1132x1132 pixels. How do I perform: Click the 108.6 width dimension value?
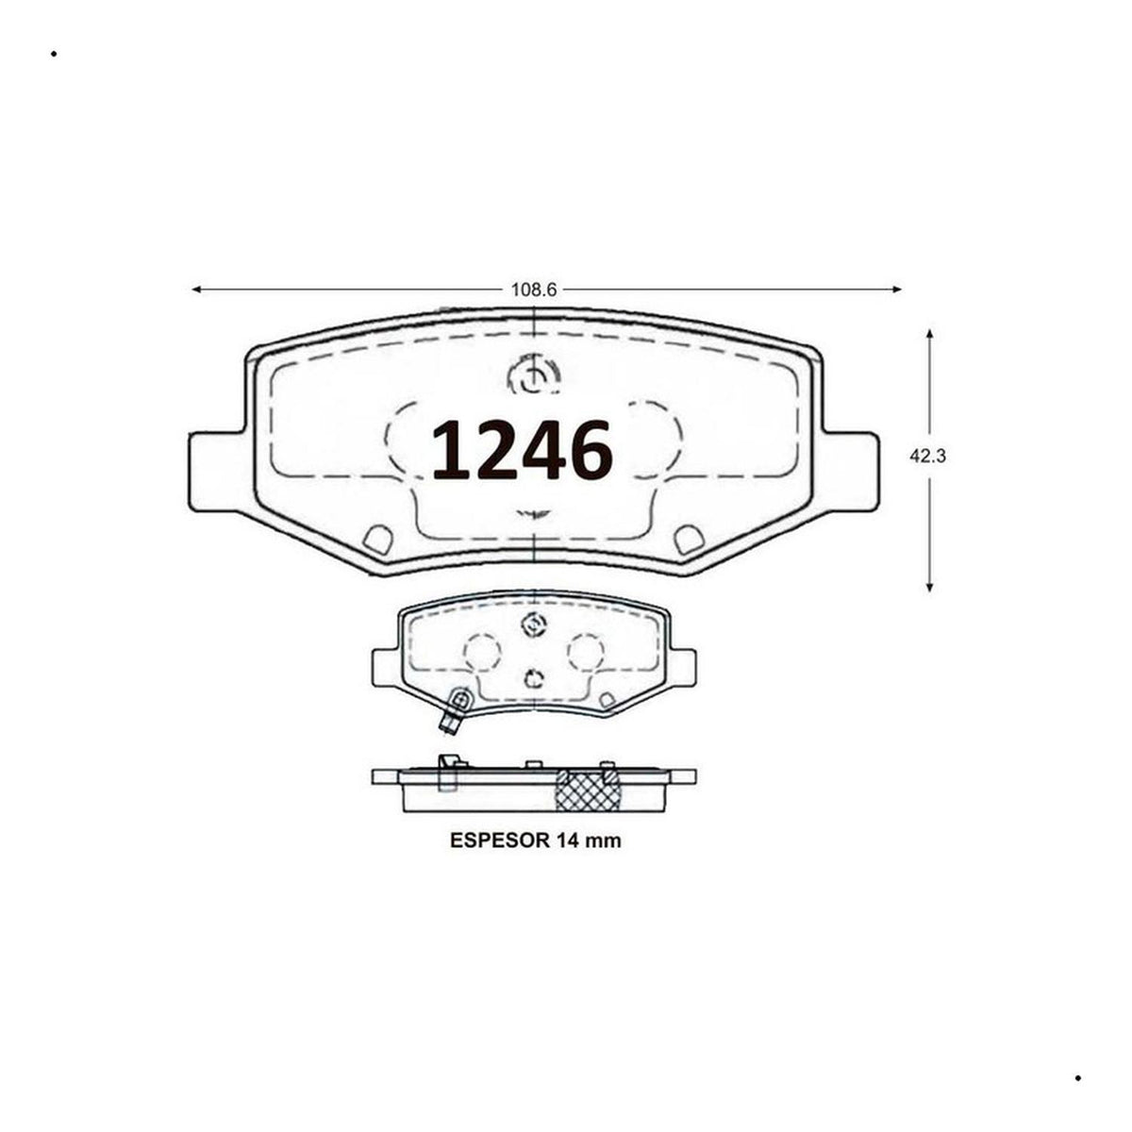click(x=533, y=289)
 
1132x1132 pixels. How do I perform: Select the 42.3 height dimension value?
click(x=927, y=456)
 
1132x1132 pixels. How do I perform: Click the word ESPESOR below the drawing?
click(x=499, y=841)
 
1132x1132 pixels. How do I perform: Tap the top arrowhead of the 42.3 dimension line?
click(x=929, y=335)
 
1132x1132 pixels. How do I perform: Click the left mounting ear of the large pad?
click(x=216, y=472)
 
